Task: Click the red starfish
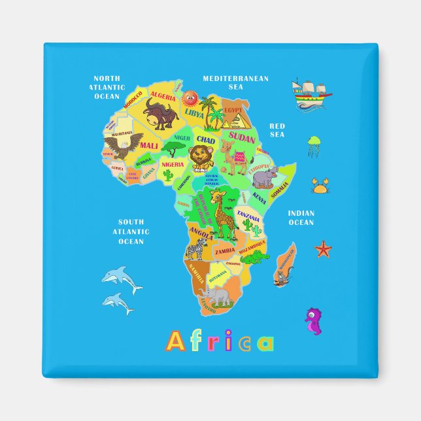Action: (323, 248)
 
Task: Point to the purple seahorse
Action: (314, 320)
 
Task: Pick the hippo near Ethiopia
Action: (265, 176)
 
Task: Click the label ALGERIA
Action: (163, 96)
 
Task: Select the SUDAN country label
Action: (243, 139)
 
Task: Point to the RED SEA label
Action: (277, 129)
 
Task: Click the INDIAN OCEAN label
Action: (301, 218)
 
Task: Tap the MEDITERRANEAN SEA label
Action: (235, 82)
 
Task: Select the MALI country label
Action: (149, 145)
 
